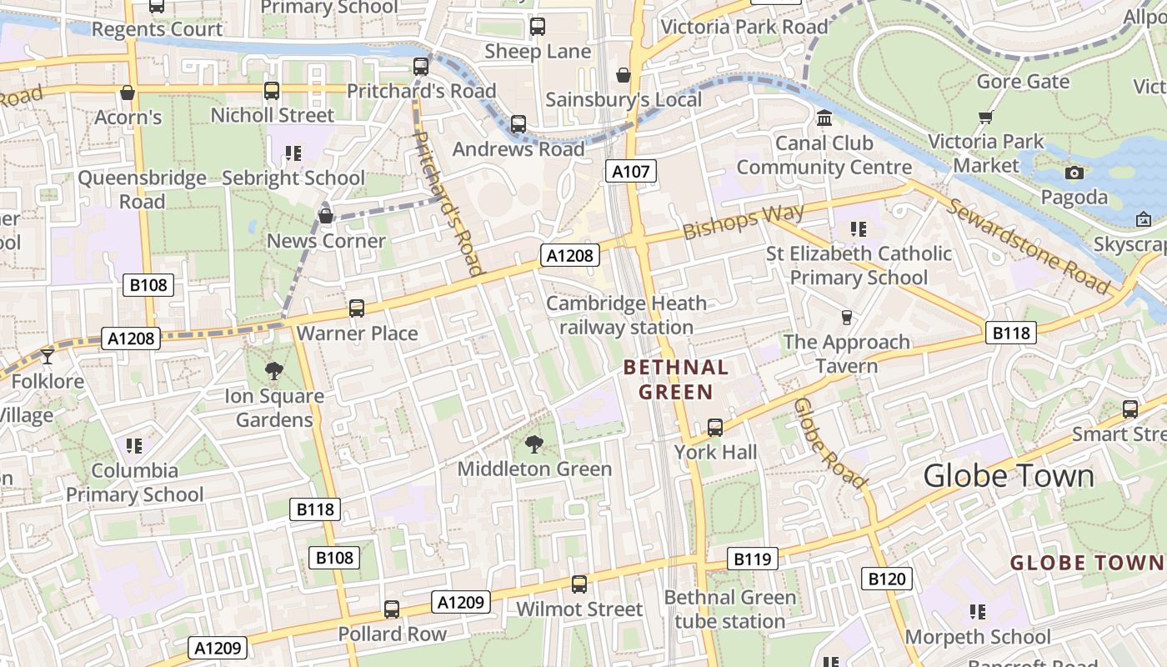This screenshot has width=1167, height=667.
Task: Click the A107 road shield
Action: (x=630, y=172)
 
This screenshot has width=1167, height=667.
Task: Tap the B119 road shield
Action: (x=752, y=559)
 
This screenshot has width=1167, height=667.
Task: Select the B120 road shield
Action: (x=886, y=579)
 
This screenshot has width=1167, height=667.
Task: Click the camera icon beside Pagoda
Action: (x=1074, y=173)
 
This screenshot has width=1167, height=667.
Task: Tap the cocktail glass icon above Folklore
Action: (x=48, y=356)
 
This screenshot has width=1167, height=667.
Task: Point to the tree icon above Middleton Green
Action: (x=534, y=444)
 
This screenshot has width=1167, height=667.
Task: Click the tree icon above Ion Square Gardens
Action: (x=273, y=371)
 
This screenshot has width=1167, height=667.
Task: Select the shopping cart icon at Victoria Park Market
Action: (x=986, y=117)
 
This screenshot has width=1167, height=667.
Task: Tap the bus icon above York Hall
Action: (x=715, y=428)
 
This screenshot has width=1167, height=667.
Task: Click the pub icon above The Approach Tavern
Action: (x=847, y=317)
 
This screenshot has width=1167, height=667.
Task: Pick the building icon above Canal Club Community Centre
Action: (x=824, y=118)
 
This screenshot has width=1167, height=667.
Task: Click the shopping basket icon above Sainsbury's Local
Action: (x=623, y=76)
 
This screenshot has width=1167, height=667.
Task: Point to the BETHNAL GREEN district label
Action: (x=676, y=379)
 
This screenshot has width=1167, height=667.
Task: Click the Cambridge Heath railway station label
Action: (x=626, y=315)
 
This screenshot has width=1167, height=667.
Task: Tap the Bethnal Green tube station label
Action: (x=730, y=609)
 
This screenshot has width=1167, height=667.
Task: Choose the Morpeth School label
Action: (x=978, y=637)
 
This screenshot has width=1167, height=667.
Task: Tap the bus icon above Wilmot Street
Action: (x=579, y=584)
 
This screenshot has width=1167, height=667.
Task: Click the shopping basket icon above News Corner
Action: (x=326, y=217)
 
